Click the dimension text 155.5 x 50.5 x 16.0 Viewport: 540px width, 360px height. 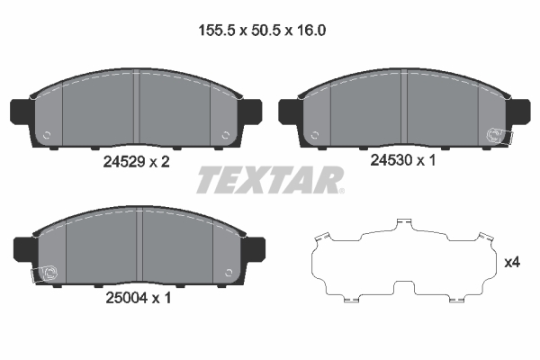click(261, 30)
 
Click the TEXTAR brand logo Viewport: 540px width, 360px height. click(269, 180)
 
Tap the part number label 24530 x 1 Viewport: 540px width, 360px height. click(404, 162)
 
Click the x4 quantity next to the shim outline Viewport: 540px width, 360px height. click(512, 263)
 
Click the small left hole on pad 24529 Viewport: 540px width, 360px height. click(47, 137)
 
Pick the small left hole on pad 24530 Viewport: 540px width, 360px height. click(317, 136)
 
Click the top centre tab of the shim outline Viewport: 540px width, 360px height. click(404, 221)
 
